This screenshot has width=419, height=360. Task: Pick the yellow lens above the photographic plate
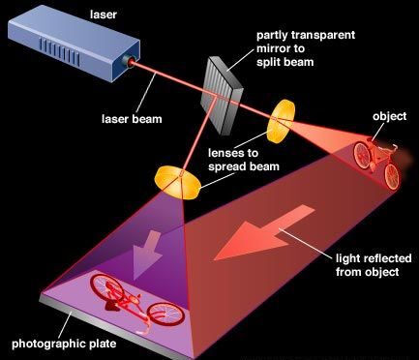coord(172,179)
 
